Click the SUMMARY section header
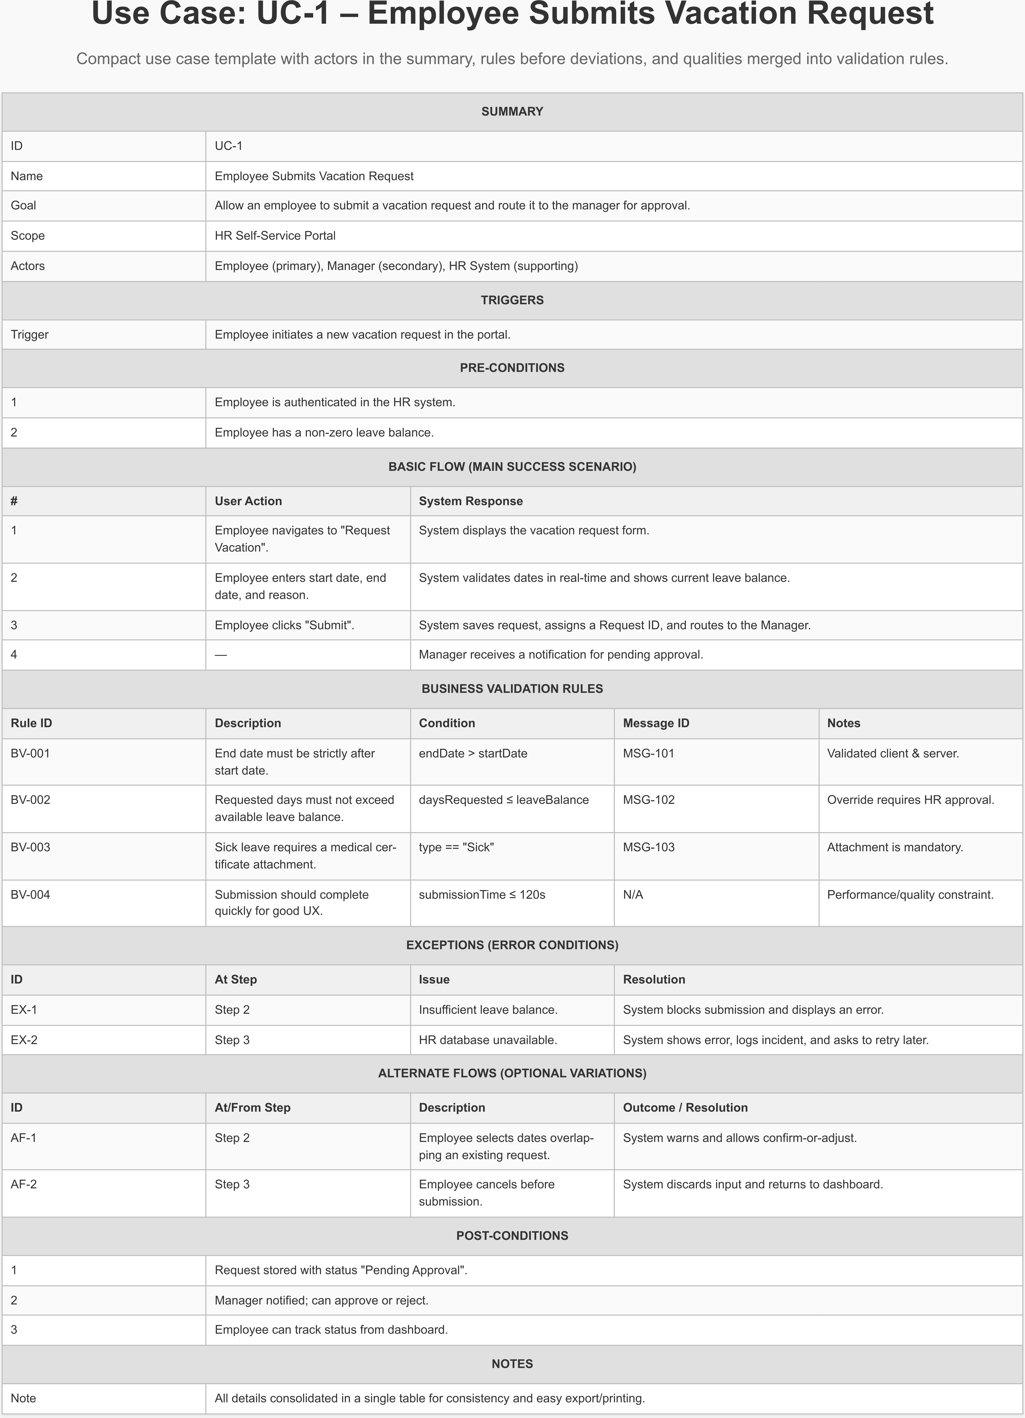pos(512,111)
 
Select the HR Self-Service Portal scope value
pos(275,236)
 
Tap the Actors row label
pos(27,266)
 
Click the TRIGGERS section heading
pos(512,300)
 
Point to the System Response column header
pos(471,501)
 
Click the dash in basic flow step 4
pos(221,655)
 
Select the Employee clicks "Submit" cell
pos(284,625)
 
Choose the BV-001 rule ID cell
pos(30,753)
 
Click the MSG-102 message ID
pos(649,800)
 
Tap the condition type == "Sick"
pos(456,847)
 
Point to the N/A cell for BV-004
pos(633,895)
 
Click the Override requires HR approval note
pos(910,800)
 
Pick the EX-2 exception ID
pos(24,1040)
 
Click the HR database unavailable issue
pos(488,1040)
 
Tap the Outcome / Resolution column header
pos(685,1107)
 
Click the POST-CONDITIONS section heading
pos(512,1236)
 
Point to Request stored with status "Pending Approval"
pos(341,1270)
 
